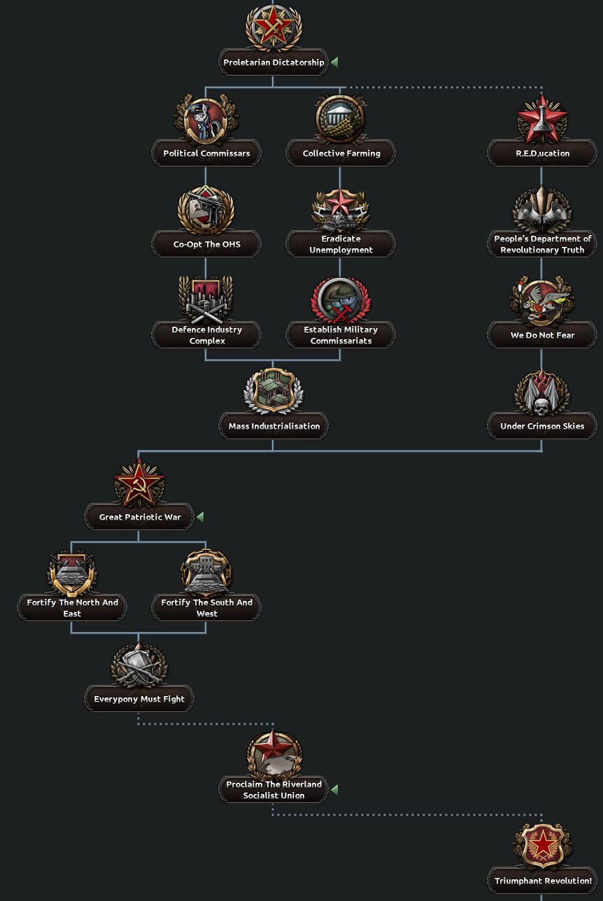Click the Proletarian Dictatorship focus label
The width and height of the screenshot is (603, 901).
[274, 62]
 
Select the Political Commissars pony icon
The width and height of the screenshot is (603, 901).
[206, 120]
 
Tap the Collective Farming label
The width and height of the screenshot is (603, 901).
[341, 153]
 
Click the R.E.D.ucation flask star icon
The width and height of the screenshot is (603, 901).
[541, 120]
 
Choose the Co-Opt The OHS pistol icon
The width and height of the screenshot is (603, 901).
[206, 211]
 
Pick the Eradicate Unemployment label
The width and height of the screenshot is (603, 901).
[341, 244]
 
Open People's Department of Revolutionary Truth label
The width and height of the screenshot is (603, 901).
[542, 244]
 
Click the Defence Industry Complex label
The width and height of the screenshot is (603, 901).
[206, 335]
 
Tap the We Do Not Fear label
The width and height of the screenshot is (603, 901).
[542, 335]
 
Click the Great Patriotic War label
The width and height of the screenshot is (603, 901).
[140, 517]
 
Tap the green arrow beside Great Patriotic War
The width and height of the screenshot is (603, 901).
[200, 517]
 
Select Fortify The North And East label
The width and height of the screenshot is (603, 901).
[72, 608]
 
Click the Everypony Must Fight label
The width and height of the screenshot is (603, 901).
[139, 699]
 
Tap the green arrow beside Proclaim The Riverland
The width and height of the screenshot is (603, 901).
[334, 790]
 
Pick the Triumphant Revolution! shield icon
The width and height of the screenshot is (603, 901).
[542, 846]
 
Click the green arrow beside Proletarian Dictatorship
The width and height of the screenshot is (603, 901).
[334, 62]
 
